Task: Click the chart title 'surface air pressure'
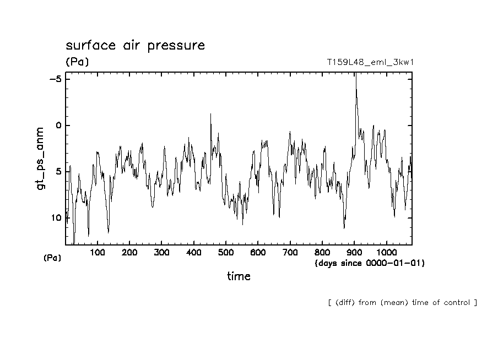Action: coord(135,45)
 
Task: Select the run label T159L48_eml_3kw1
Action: coord(370,62)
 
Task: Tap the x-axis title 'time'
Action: coord(239,276)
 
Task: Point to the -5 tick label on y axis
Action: coord(55,79)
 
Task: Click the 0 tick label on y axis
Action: coord(58,126)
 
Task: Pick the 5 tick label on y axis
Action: coord(58,172)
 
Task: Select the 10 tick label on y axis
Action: coord(56,218)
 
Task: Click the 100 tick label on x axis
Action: coord(98,253)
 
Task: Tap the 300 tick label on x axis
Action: coord(161,253)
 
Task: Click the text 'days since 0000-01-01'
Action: coord(369,263)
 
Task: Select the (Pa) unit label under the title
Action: coord(77,62)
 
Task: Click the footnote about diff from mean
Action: coord(402,303)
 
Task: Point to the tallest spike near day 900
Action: coord(356,74)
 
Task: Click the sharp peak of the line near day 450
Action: coord(210,114)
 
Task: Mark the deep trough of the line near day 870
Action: coord(344,227)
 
